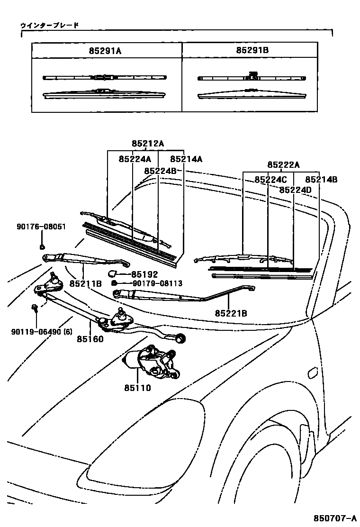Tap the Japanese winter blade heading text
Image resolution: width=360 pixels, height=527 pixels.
pyautogui.click(x=49, y=25)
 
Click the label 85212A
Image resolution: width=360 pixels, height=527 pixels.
pyautogui.click(x=148, y=144)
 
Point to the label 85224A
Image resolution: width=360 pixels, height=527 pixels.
pyautogui.click(x=135, y=159)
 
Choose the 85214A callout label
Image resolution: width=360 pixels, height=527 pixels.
pyautogui.click(x=186, y=159)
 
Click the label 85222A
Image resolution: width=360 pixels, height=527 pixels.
pyautogui.click(x=283, y=164)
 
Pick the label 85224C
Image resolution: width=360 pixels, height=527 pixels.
pyautogui.click(x=270, y=180)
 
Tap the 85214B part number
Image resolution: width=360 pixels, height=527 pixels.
pyautogui.click(x=321, y=180)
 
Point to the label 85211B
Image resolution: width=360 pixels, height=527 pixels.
pyautogui.click(x=86, y=283)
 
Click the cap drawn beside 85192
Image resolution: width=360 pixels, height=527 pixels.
pyautogui.click(x=113, y=273)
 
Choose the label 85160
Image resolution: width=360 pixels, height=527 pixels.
pyautogui.click(x=90, y=339)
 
